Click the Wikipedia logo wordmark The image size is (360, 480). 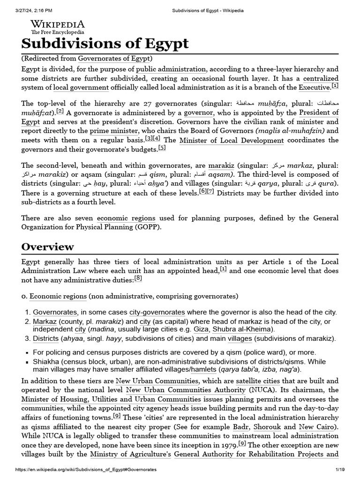(x=58, y=24)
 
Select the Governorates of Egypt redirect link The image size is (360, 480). (x=114, y=59)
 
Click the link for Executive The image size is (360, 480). (x=315, y=87)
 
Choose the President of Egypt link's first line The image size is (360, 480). (x=319, y=112)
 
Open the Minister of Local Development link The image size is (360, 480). (x=232, y=140)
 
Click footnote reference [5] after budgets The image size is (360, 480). (x=162, y=149)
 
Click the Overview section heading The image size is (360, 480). (x=48, y=247)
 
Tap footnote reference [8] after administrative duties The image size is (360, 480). (x=138, y=278)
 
